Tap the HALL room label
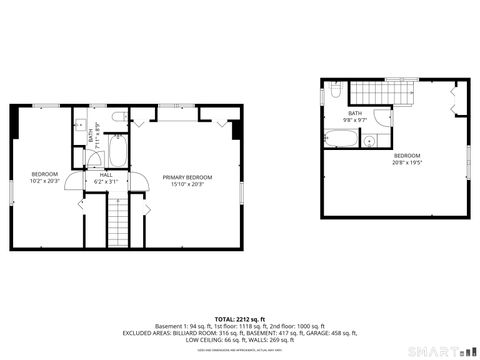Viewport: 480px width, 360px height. coord(105,175)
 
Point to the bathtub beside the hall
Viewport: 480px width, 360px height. coord(117,152)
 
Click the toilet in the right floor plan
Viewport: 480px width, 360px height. coord(337,92)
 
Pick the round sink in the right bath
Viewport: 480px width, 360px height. coord(369,142)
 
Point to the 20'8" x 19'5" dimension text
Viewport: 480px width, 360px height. coord(408,162)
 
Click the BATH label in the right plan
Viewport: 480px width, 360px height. coord(355,113)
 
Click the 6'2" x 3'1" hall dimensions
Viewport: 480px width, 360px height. coord(105,183)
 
